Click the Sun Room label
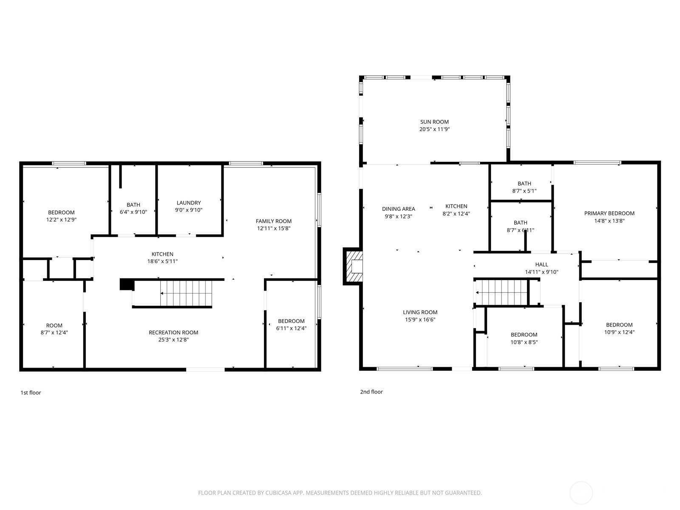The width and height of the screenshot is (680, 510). pos(434,122)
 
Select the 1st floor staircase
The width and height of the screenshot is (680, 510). pos(185,293)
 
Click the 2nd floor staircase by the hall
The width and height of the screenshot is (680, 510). pos(501,292)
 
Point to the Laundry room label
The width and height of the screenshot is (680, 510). pos(189,203)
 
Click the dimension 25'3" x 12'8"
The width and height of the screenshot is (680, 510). pos(173,340)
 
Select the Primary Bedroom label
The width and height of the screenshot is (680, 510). pos(609,213)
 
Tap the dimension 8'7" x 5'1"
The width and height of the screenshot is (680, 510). pos(524,191)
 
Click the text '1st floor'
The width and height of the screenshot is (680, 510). pos(31,393)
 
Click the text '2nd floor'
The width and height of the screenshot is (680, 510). pos(371,392)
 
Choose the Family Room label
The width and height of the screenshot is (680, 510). pos(274,221)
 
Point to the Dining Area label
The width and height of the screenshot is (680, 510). pos(398,209)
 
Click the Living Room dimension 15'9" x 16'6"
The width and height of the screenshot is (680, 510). pos(420,320)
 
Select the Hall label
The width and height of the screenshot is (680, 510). pos(541,264)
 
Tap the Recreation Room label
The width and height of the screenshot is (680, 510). pos(173,332)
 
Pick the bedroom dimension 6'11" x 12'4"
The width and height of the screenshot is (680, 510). pos(291,328)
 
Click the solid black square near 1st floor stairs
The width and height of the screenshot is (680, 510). pos(126,284)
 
